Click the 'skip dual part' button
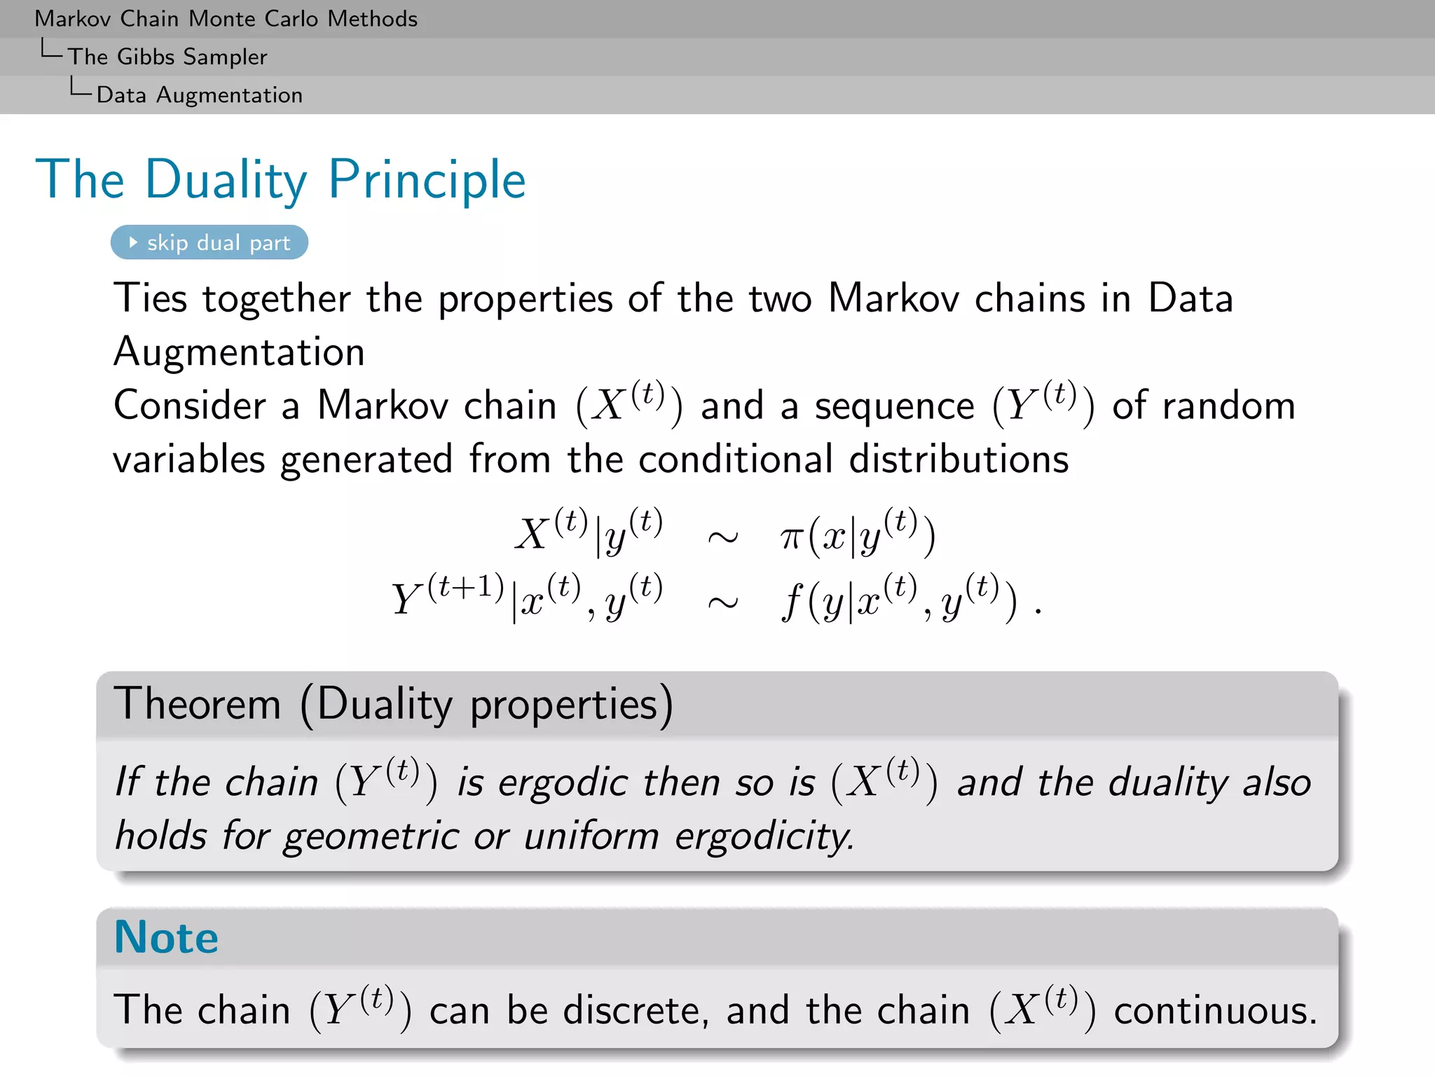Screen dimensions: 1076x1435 click(x=210, y=242)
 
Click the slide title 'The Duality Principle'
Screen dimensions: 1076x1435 click(x=280, y=179)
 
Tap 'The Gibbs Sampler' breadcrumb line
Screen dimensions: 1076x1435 click(x=167, y=57)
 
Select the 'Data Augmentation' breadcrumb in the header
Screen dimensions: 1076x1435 click(x=200, y=95)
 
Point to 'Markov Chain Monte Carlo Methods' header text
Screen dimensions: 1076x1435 click(x=226, y=18)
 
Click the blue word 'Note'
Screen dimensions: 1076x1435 click(x=166, y=937)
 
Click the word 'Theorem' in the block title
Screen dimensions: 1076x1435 click(x=197, y=703)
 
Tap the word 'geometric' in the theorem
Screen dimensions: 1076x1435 click(x=371, y=836)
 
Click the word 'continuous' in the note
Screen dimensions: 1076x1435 click(x=1215, y=1010)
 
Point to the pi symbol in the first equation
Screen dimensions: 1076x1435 click(x=791, y=538)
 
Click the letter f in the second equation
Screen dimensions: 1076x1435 click(x=791, y=601)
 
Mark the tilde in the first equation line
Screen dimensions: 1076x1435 click(x=722, y=538)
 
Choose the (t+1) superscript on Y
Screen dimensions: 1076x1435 click(x=466, y=587)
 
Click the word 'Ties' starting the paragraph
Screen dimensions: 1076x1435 click(x=151, y=298)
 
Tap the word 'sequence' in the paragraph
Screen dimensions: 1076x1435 click(x=894, y=406)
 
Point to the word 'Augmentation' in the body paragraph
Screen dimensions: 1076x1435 click(x=239, y=352)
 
